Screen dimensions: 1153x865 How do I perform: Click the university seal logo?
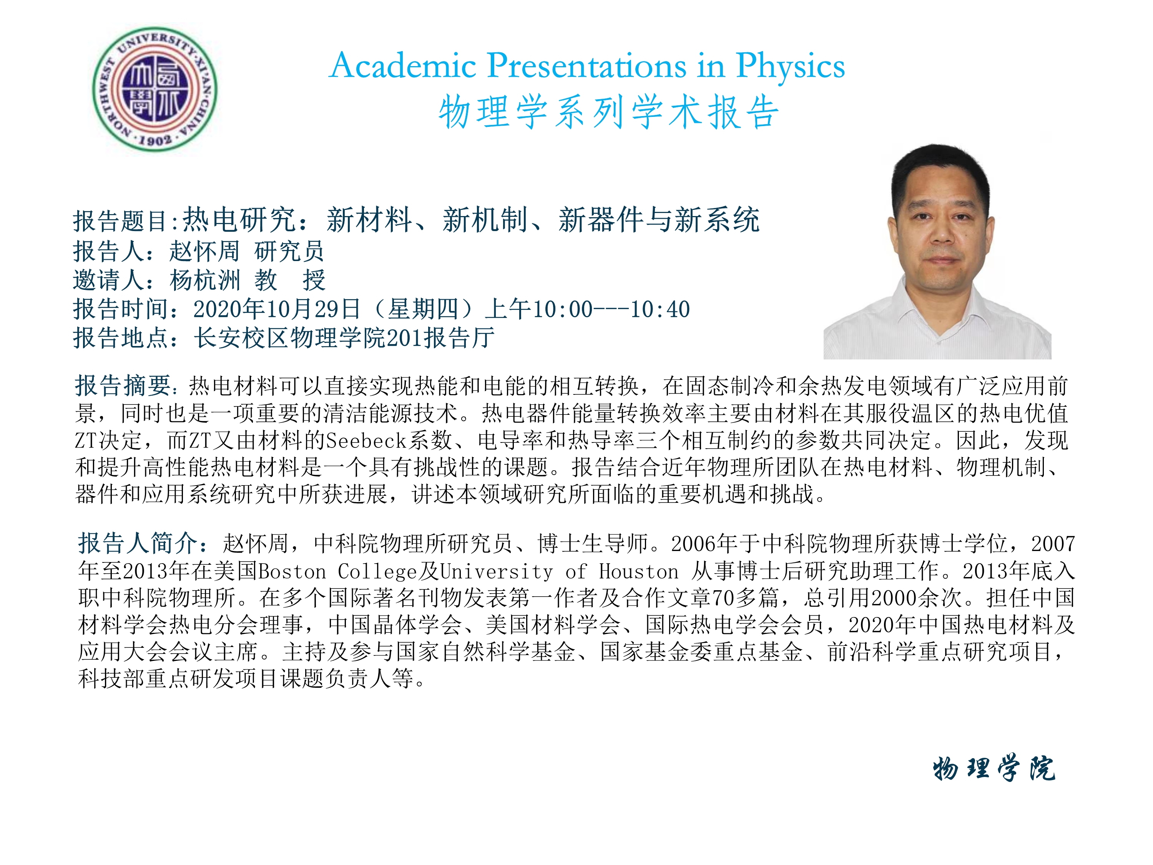(155, 89)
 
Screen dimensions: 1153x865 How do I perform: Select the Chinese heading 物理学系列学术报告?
(609, 112)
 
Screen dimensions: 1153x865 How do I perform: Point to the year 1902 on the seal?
(155, 139)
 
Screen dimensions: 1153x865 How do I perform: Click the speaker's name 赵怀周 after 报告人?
(204, 251)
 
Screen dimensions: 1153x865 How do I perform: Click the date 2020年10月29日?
(277, 309)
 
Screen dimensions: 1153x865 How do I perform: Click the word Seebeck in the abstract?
(366, 441)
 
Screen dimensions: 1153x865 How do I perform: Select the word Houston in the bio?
(638, 571)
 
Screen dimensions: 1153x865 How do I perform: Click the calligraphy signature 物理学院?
(994, 768)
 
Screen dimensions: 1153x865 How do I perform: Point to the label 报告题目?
(120, 221)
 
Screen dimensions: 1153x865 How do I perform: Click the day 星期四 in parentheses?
(423, 309)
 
